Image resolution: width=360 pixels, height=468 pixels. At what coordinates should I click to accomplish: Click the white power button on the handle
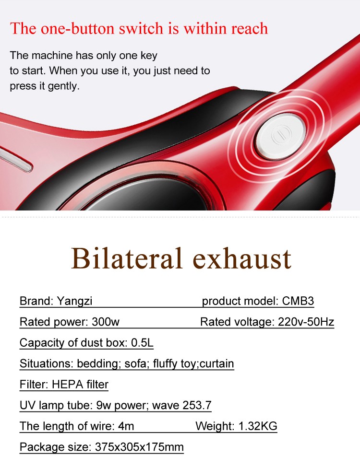point(280,136)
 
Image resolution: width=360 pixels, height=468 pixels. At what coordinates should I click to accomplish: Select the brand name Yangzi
point(74,301)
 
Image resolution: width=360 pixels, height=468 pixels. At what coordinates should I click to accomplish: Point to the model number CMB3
point(298,301)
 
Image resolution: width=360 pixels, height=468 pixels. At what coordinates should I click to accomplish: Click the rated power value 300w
point(105,322)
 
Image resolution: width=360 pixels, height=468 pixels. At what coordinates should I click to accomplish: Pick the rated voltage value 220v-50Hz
point(306,322)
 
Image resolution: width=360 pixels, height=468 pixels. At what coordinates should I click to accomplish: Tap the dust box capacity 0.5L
point(142,343)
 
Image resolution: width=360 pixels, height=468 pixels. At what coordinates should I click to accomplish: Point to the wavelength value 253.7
point(197,405)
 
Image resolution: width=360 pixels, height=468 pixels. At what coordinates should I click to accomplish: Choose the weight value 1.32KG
point(258,426)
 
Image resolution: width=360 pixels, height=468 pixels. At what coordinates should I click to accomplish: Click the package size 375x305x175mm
point(139,447)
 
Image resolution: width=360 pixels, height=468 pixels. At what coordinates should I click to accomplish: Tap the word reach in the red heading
point(250,29)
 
